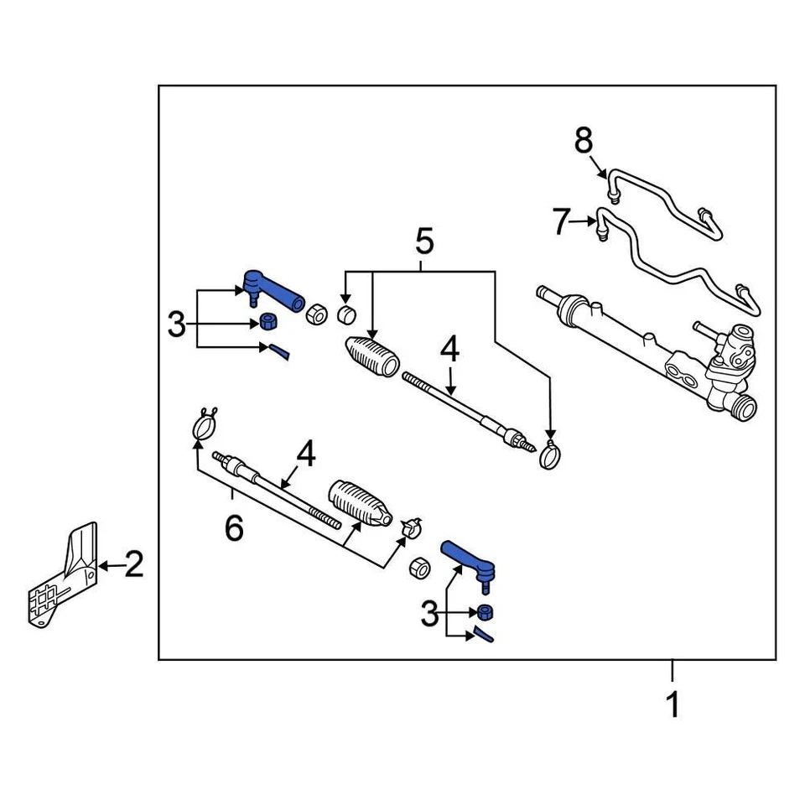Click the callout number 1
pos(673,705)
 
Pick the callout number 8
pos(583,141)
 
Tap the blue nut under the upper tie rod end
pos(269,323)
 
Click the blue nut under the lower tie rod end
pos(486,612)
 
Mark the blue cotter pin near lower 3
pos(484,634)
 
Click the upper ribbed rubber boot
pos(371,359)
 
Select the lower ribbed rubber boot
pos(359,505)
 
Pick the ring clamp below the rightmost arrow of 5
pos(549,456)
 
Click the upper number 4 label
pos(450,351)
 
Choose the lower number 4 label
pos(306,455)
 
